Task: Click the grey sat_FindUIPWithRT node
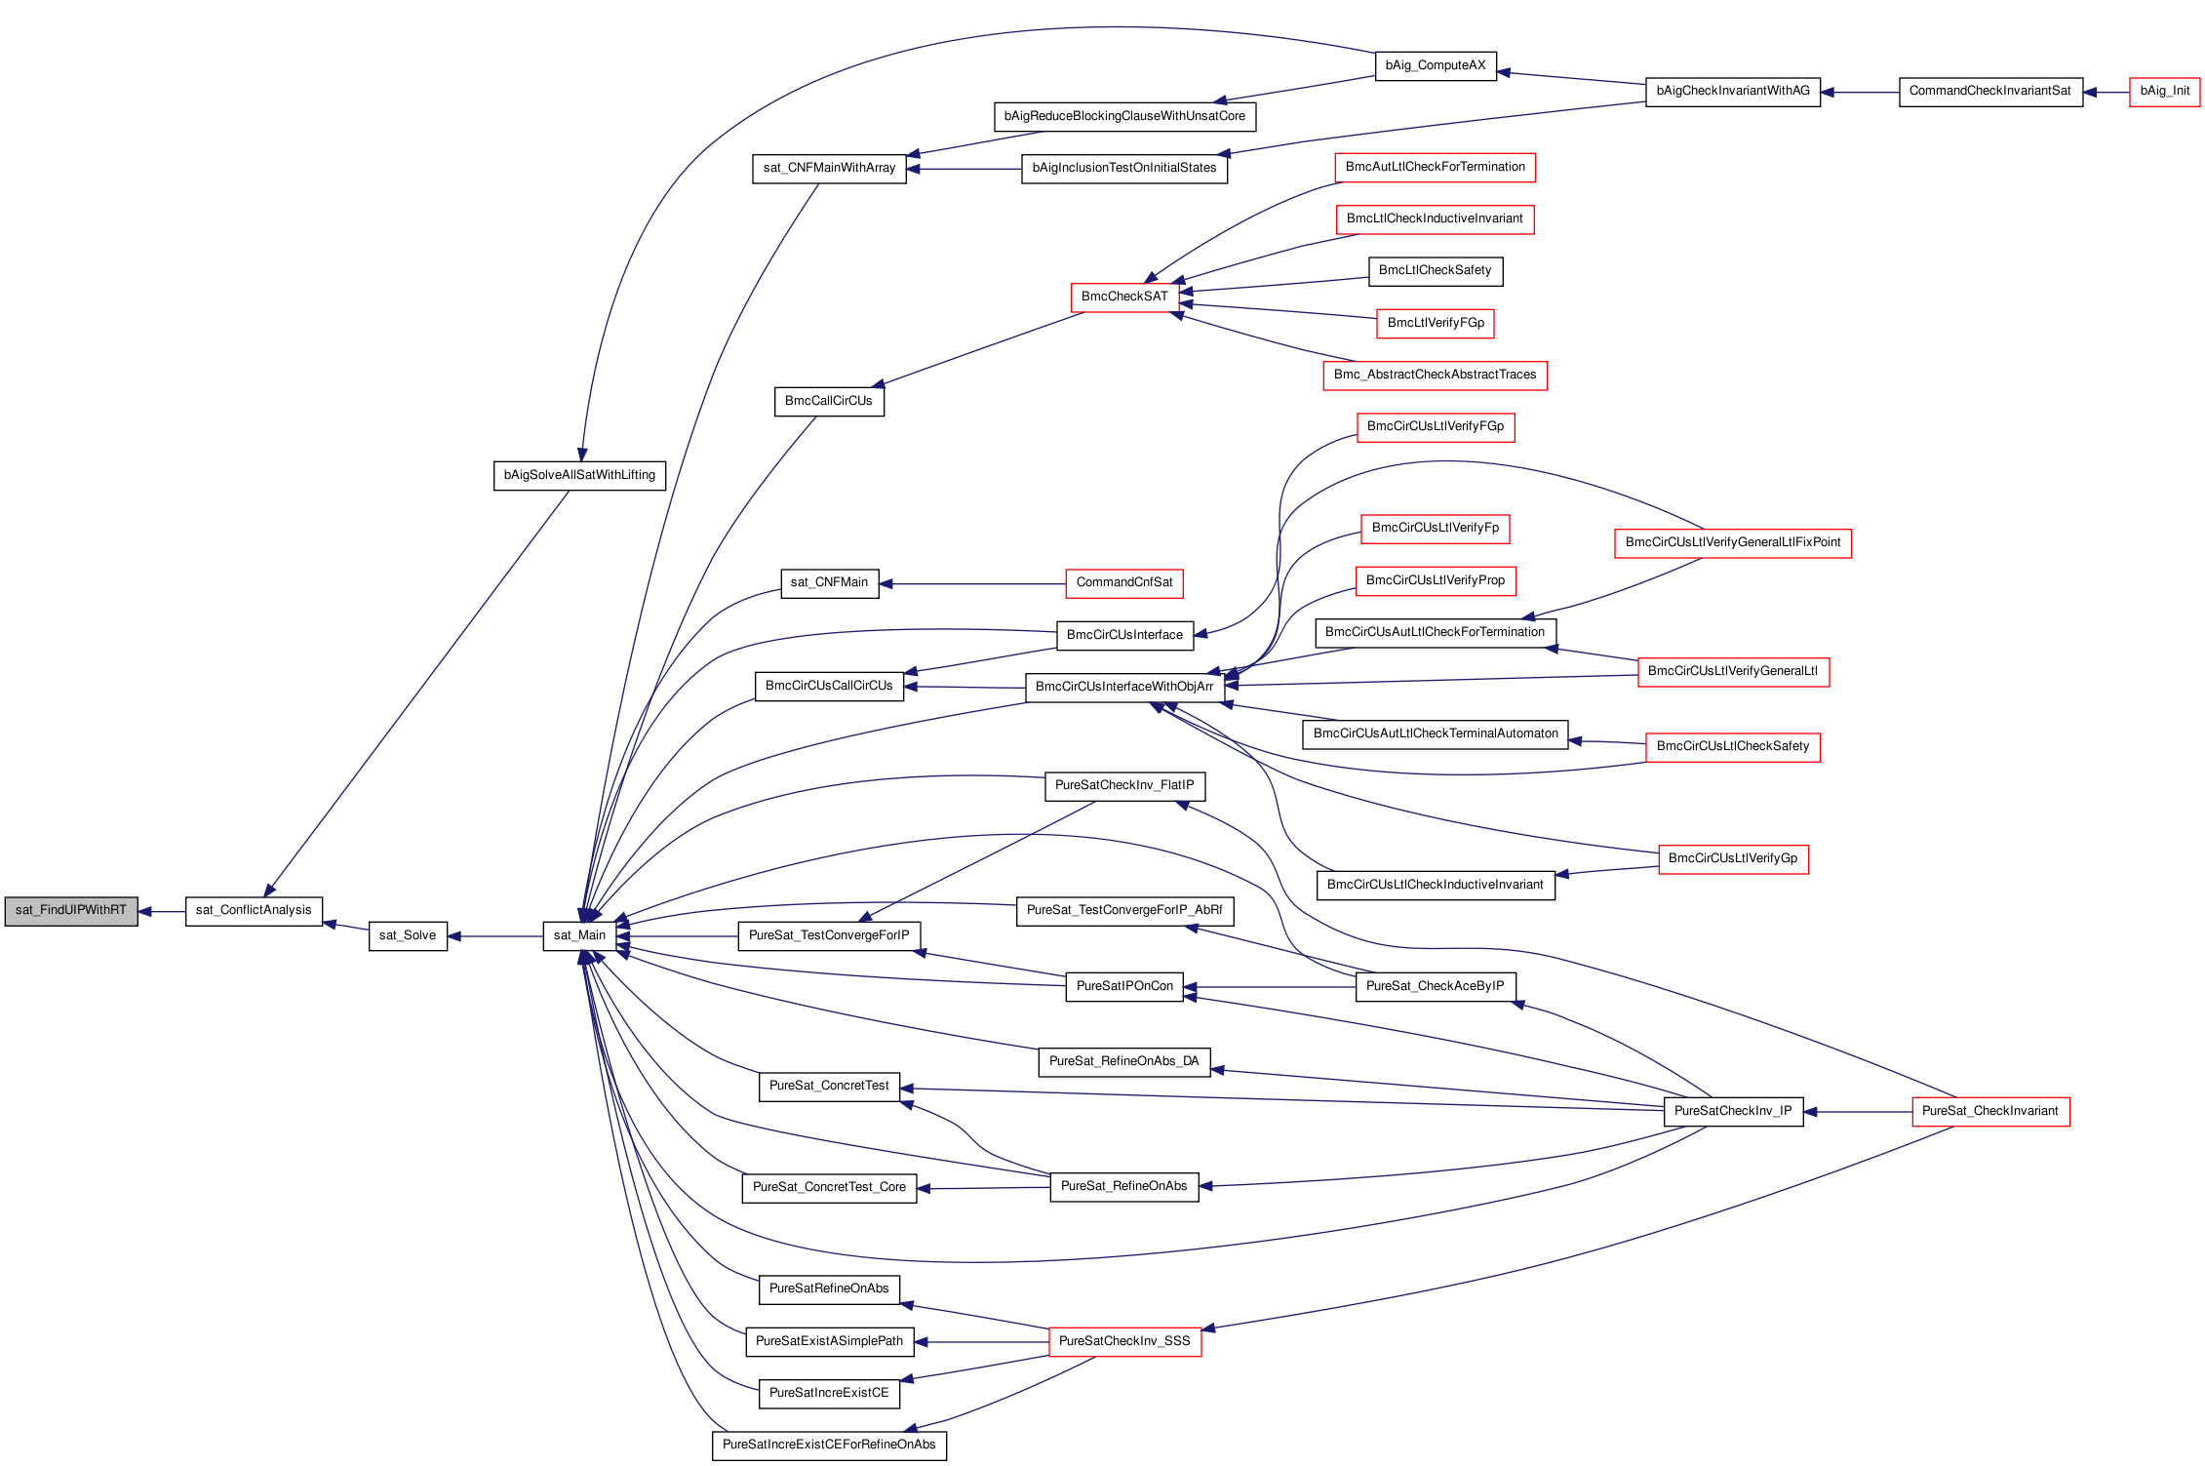pos(71,911)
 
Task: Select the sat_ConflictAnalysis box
pos(254,911)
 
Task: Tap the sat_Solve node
pos(408,936)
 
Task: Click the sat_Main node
pos(579,936)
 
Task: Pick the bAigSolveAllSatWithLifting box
pos(579,476)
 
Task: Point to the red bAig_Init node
pos(2164,92)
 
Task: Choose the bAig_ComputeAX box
pos(1436,66)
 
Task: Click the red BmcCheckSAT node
pos(1124,297)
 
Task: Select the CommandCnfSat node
pos(1124,583)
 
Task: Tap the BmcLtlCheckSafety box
pos(1436,271)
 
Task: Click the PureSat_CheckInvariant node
pos(1990,1112)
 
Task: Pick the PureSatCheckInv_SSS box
pos(1124,1342)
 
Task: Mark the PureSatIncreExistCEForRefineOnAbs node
pos(829,1446)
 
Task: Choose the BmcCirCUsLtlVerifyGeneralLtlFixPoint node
pos(1733,543)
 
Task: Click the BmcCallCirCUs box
pos(829,402)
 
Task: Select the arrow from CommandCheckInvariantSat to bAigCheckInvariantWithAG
pos(1860,93)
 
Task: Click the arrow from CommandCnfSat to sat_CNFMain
pos(972,584)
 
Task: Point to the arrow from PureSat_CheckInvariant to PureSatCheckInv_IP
pos(1858,1112)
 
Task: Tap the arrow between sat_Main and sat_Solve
pos(495,936)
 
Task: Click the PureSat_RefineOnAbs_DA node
pos(1124,1062)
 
